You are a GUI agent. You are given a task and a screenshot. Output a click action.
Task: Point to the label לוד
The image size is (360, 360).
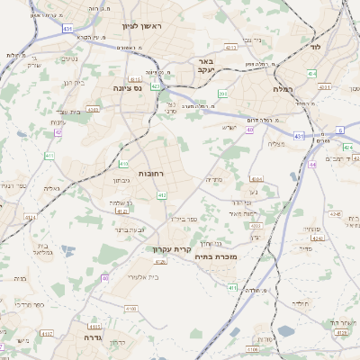click(315, 45)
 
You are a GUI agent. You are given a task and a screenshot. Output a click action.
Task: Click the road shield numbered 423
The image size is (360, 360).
click(156, 86)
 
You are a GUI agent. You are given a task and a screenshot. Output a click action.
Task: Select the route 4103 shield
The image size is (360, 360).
click(93, 109)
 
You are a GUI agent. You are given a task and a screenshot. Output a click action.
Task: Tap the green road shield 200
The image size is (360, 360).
click(222, 93)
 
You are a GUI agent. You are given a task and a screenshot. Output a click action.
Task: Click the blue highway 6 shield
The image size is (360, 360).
click(341, 130)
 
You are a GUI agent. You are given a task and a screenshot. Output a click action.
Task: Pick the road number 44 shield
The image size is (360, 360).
click(312, 165)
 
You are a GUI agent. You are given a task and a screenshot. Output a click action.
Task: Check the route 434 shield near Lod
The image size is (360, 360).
click(310, 72)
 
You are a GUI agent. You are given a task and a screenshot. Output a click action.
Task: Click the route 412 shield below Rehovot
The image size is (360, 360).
click(162, 194)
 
